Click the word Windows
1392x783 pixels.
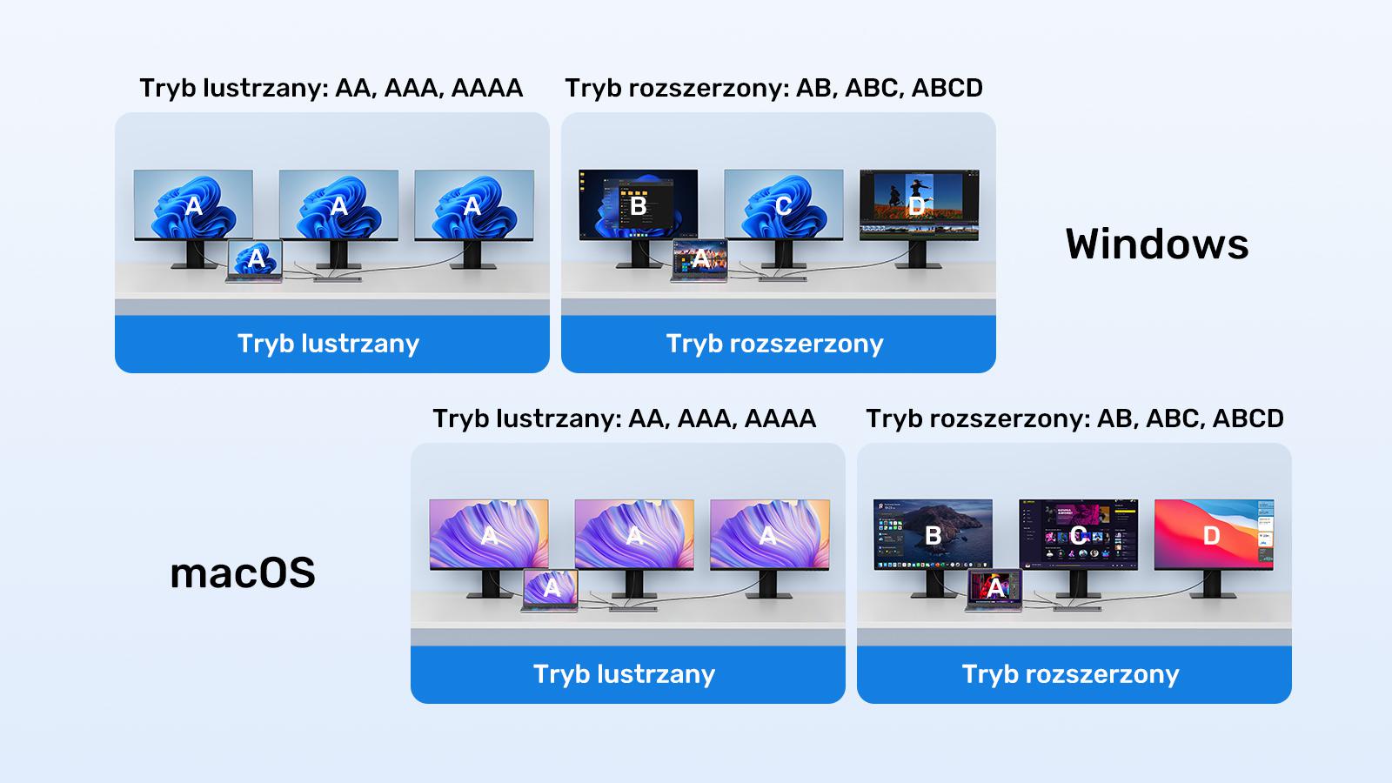1157,244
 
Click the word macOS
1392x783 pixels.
243,573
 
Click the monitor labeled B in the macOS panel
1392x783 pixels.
933,534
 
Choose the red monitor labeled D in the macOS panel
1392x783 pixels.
1213,534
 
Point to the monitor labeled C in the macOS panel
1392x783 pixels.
1078,534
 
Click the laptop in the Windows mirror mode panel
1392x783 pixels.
255,260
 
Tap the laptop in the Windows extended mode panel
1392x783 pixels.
700,260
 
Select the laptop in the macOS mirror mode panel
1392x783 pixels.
551,590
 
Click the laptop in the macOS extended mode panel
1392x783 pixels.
995,591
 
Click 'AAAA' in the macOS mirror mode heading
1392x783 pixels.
780,418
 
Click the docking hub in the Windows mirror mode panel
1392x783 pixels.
337,279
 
